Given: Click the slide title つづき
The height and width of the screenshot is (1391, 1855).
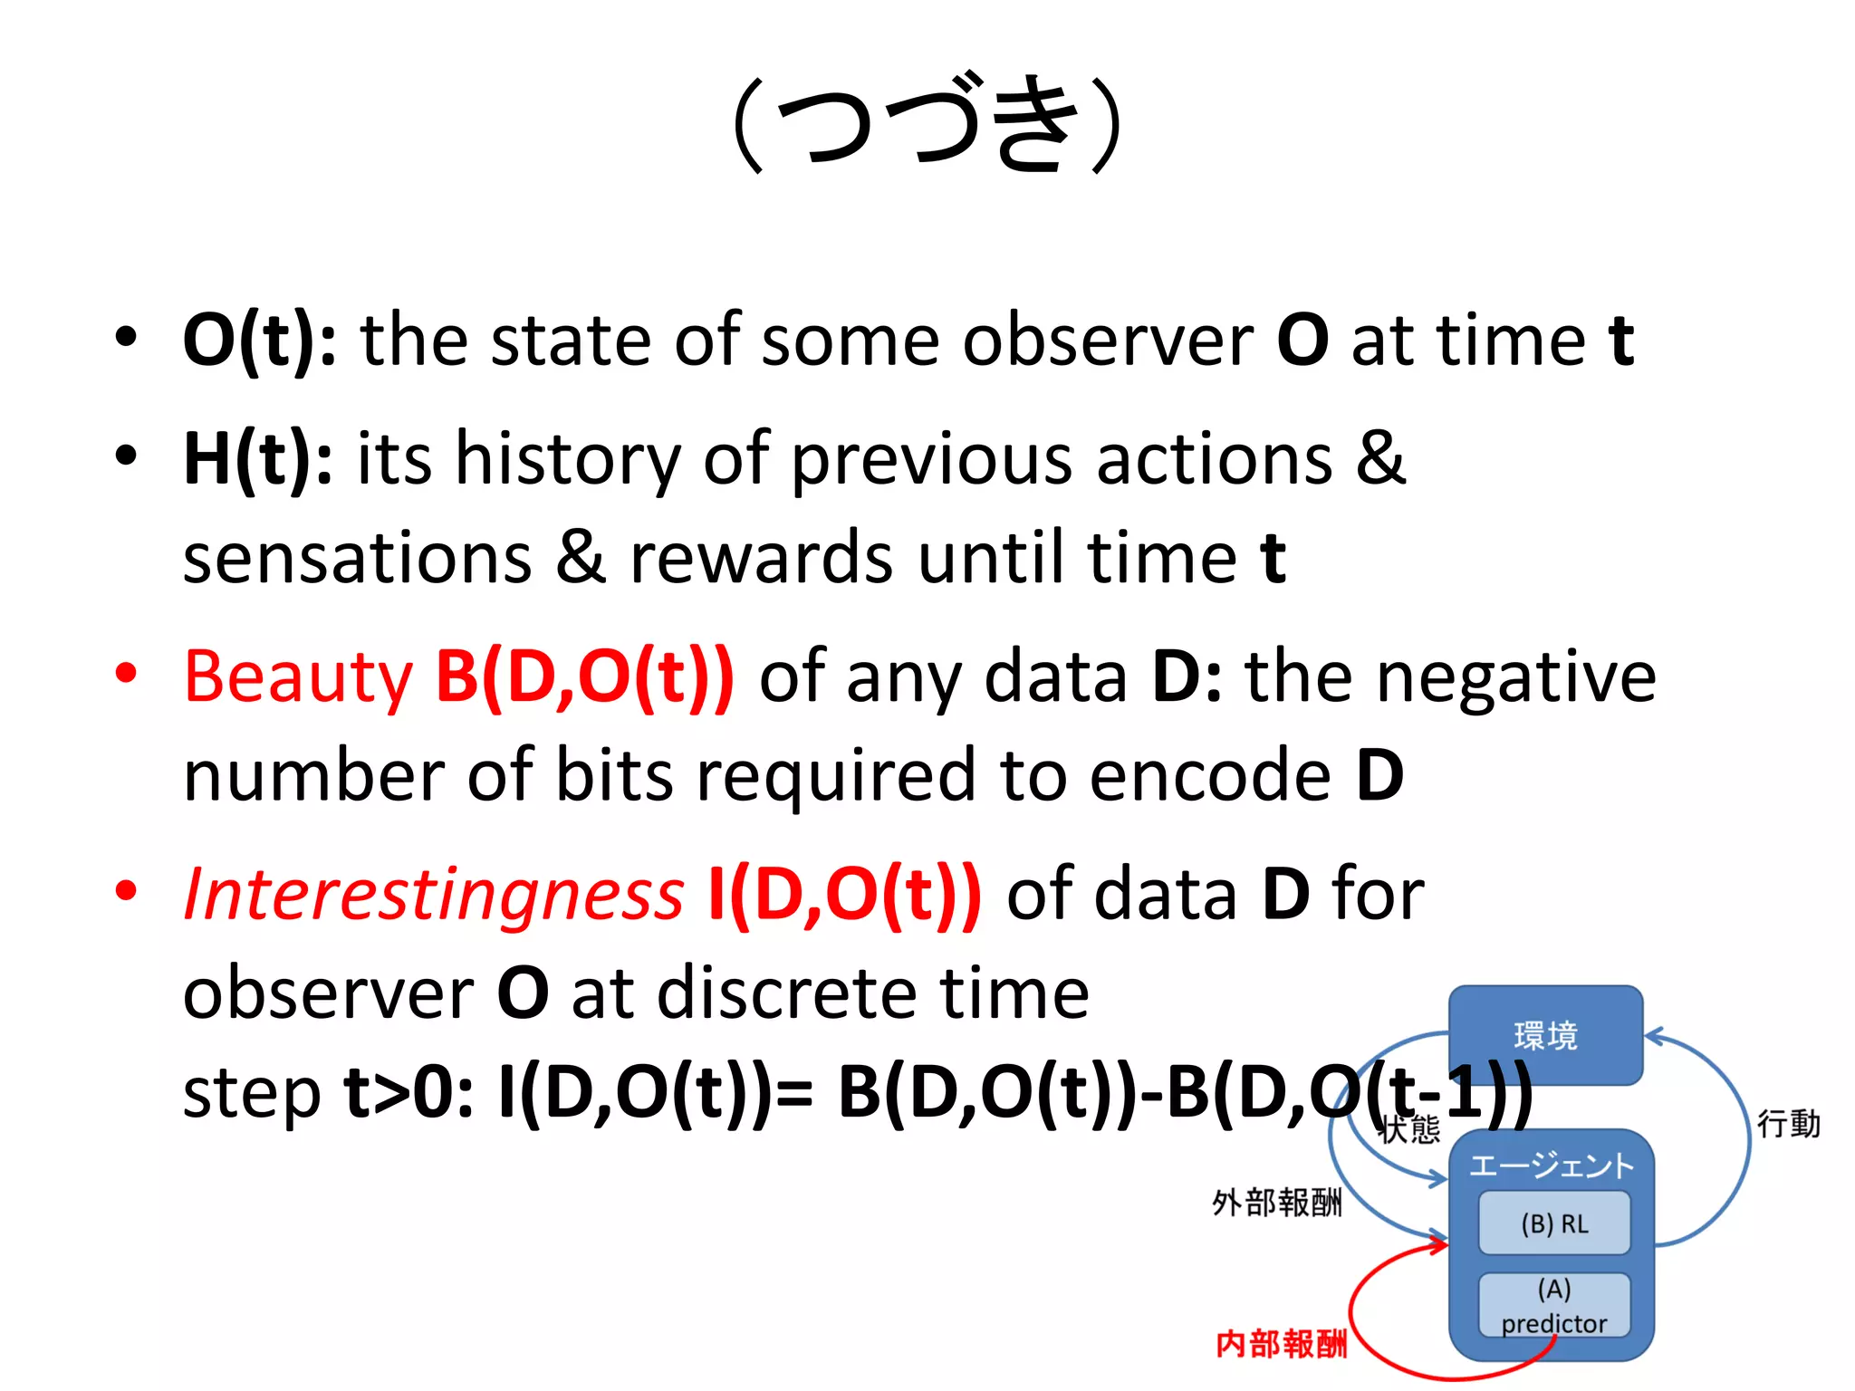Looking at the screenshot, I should [927, 124].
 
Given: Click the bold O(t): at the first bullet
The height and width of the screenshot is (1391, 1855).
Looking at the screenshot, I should [259, 341].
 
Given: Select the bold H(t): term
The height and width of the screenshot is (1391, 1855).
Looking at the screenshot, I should [257, 459].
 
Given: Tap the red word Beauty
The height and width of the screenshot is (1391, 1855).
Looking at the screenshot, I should [297, 677].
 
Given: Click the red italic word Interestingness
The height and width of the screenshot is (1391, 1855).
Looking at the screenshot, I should [433, 895].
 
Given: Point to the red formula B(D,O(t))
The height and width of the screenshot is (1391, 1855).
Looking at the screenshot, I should [584, 677].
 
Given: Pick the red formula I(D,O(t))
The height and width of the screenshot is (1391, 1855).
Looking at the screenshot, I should [844, 895].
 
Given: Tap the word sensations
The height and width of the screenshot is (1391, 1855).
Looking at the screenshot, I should [358, 558].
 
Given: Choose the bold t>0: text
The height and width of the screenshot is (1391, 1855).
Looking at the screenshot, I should [408, 1093].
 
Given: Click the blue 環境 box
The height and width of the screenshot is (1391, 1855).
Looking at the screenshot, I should [1545, 1035].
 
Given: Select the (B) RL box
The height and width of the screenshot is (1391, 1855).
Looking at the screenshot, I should [1554, 1224].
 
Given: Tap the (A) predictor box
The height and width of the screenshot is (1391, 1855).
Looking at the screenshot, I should [1554, 1306].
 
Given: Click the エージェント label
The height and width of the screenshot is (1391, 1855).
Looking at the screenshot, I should [1551, 1166].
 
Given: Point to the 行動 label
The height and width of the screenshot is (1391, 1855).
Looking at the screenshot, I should [1788, 1124].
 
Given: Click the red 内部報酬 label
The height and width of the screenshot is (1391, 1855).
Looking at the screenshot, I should [1281, 1344].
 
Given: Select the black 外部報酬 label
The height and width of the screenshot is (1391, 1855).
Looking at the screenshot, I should [1276, 1203].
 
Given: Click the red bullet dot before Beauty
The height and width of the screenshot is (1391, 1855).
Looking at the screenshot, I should [126, 674].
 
